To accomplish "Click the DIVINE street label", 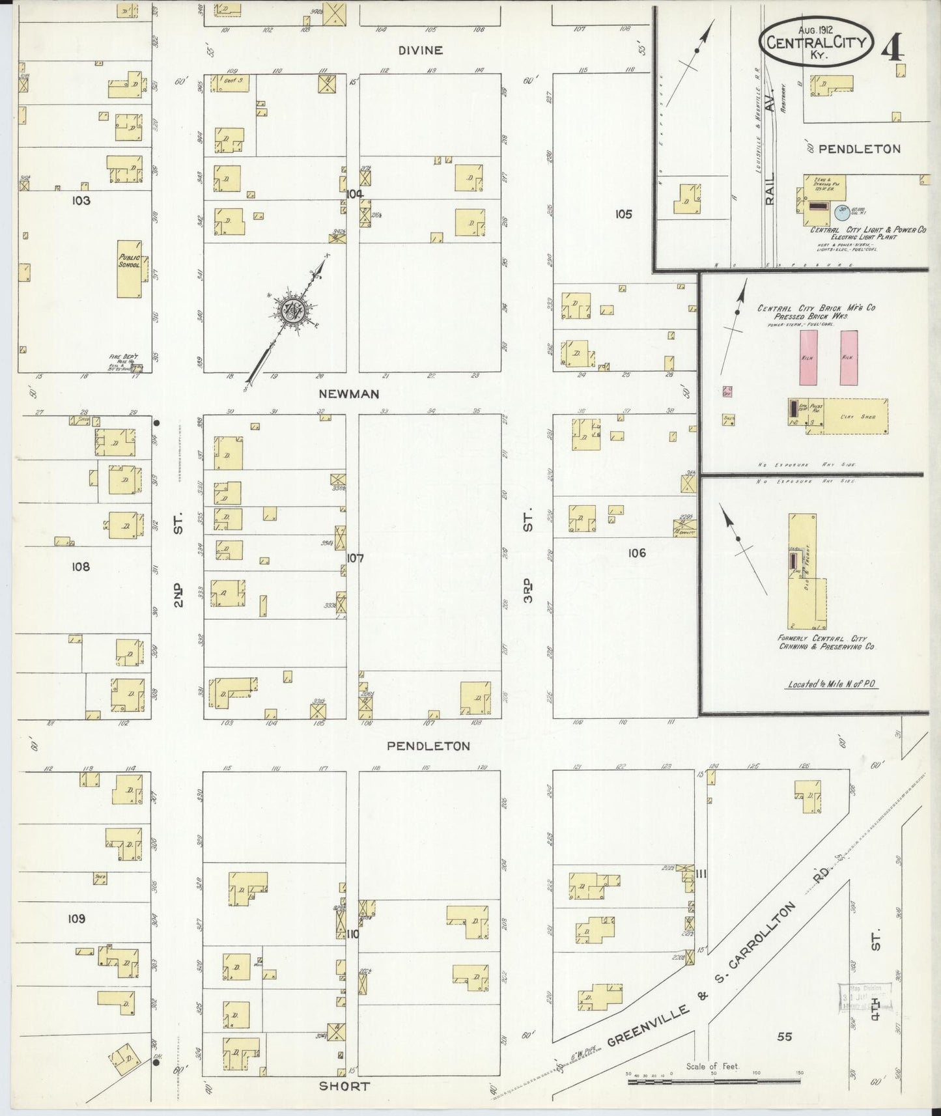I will (421, 50).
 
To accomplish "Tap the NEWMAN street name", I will (348, 394).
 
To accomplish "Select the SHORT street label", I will (344, 1086).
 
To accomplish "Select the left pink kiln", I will (808, 357).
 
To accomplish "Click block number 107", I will (355, 558).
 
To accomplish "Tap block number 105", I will (623, 214).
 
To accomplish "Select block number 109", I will (76, 919).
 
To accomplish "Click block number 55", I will (785, 1036).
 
